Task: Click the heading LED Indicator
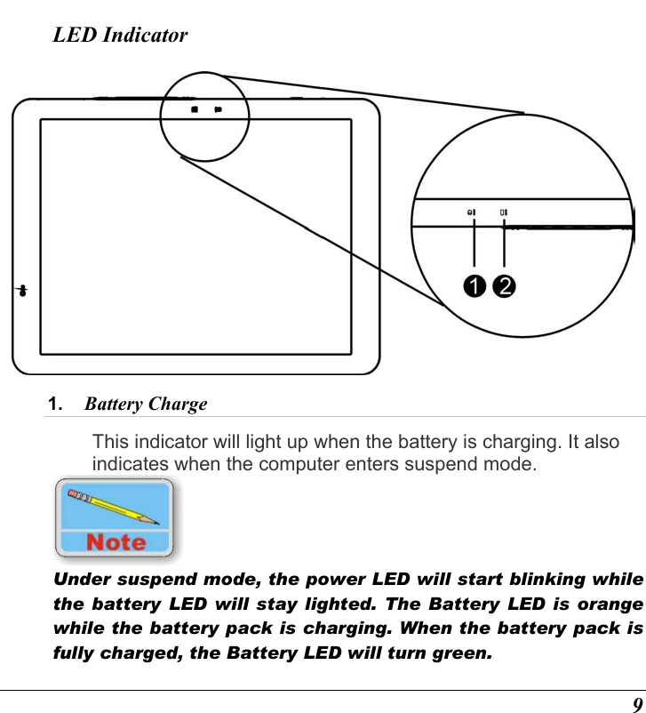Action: click(x=120, y=36)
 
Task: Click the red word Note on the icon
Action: click(x=116, y=541)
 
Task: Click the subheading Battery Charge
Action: click(x=146, y=405)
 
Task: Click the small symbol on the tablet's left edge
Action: click(x=21, y=291)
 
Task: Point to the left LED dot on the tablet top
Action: click(x=195, y=110)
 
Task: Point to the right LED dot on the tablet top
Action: click(x=217, y=110)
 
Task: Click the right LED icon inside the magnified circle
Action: click(x=503, y=212)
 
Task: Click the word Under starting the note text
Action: click(x=78, y=580)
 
